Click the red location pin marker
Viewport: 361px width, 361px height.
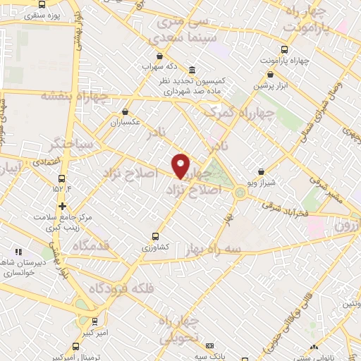pos(181,165)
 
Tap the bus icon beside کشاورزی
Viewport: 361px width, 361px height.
pos(155,237)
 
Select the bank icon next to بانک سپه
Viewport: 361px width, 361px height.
pos(209,346)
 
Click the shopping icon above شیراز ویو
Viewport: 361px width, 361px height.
pos(261,171)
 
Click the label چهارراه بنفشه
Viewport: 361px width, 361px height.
pos(74,96)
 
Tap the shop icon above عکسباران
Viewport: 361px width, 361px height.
pos(126,111)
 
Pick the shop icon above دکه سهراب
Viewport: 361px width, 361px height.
pos(160,56)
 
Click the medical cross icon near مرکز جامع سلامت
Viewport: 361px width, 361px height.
pos(63,207)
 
